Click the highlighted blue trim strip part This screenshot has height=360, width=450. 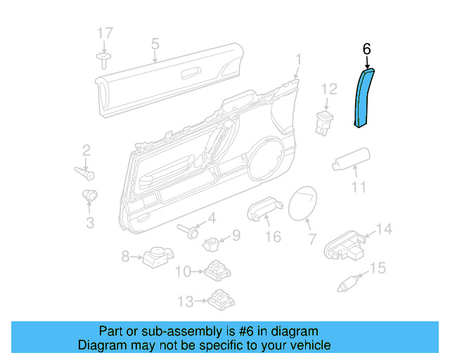364,98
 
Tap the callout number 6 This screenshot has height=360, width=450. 366,49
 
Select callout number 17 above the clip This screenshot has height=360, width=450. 104,33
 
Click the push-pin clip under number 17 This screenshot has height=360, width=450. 104,58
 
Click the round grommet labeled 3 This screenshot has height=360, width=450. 90,195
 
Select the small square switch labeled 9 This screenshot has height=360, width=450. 212,243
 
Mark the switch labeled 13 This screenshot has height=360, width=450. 220,300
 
